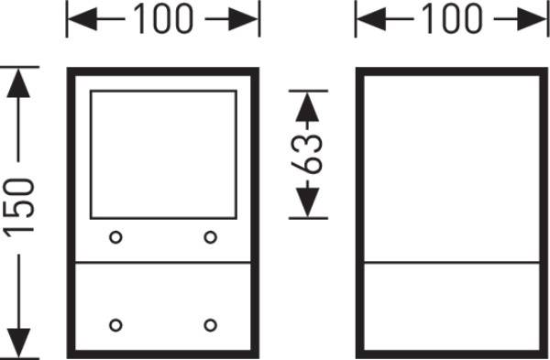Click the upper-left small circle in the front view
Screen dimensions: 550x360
115,238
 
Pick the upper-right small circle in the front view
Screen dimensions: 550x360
210,238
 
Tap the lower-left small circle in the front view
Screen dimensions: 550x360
115,325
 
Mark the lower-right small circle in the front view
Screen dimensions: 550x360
210,325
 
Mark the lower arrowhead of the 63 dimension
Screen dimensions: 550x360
309,206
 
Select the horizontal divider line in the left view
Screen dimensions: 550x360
163,264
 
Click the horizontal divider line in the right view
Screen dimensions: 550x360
452,264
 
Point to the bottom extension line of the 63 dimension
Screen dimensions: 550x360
309,219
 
